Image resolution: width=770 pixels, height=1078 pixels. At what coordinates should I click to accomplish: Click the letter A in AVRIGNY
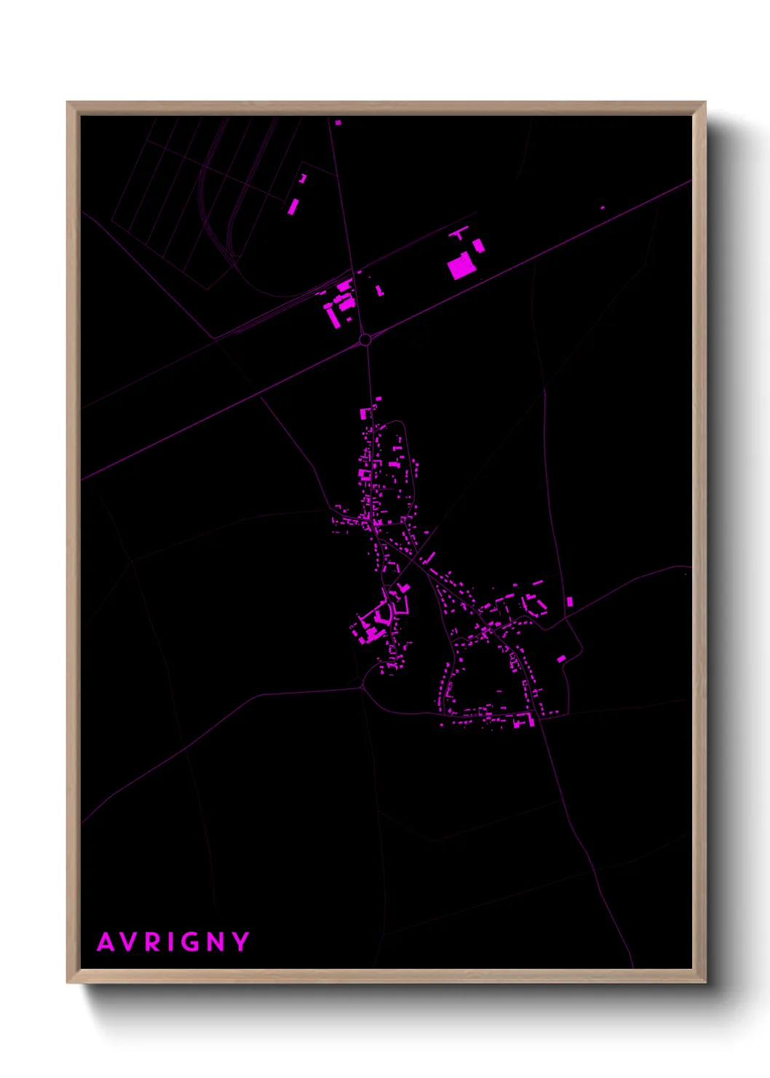106,942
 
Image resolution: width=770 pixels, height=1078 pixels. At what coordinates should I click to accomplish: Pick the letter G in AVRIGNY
191,942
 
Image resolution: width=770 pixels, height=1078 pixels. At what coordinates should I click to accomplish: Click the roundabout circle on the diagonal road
365,339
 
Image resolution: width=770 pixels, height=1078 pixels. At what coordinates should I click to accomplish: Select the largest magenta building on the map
461,267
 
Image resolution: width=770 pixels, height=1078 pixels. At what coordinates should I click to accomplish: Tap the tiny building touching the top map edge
338,122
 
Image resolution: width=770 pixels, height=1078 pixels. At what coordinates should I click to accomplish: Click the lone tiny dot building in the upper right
603,208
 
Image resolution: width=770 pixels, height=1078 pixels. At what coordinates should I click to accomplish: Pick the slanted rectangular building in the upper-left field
293,206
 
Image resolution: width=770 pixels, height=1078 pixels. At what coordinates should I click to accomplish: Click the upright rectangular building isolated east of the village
569,602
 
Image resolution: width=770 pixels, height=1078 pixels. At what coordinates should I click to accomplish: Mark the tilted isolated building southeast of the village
561,658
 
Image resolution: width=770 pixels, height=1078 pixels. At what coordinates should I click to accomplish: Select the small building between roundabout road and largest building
379,290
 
